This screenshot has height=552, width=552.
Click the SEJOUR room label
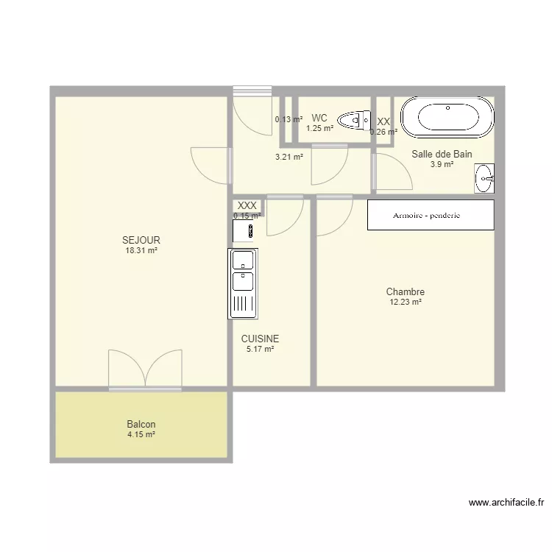coord(141,240)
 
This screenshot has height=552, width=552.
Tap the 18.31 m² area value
coord(141,251)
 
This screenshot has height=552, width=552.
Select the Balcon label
coord(141,424)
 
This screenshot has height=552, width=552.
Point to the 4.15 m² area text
coord(141,434)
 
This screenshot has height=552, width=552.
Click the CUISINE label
coord(260,339)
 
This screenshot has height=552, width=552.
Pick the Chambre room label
coord(406,291)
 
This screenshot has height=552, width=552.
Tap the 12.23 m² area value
coord(406,302)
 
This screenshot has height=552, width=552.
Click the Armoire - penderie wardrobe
coord(431,215)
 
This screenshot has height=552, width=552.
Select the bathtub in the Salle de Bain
coord(447,117)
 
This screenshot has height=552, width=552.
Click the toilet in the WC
coord(354,120)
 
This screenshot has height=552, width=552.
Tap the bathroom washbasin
coord(484,178)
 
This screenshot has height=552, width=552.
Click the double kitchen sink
coord(243,284)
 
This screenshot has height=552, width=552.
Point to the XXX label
coord(247,205)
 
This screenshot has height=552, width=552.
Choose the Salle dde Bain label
coord(442,155)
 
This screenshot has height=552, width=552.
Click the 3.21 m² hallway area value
coord(289,157)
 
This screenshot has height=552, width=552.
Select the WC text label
coord(319,118)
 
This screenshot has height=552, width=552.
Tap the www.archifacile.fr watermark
coord(506,503)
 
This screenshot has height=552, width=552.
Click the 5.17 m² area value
coord(260,349)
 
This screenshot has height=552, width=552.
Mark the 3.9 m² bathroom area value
coord(442,164)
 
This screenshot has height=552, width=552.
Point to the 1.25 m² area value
coord(319,129)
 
